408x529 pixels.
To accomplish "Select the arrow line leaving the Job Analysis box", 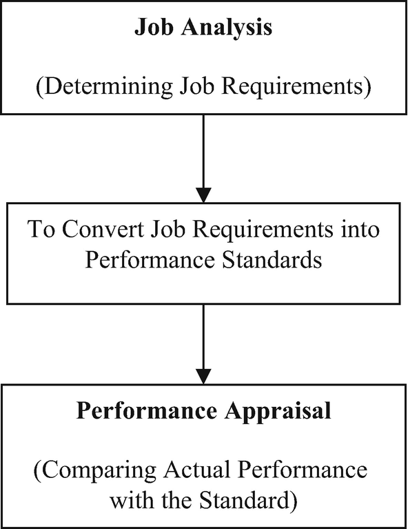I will click(x=204, y=145).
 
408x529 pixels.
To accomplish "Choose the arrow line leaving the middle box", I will click(x=204, y=331).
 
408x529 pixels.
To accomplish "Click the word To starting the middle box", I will click(x=41, y=230).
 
